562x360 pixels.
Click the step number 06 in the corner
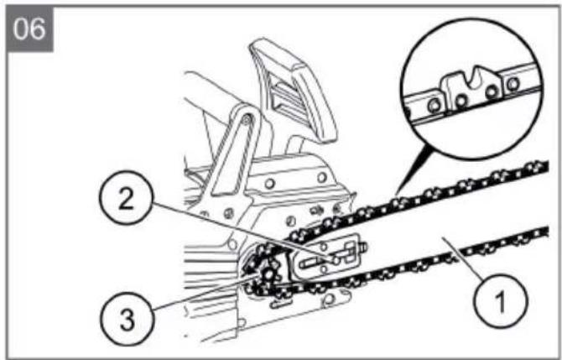point(29,29)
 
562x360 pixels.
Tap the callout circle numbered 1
point(501,300)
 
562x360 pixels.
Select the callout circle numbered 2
point(126,197)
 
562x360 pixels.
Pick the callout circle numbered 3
point(127,318)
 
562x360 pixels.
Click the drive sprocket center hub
point(268,275)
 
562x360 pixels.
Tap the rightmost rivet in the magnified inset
point(513,84)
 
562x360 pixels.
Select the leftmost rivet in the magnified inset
point(435,105)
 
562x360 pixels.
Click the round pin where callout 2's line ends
point(336,260)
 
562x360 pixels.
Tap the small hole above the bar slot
point(323,246)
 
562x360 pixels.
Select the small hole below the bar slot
point(323,269)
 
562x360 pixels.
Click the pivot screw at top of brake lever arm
point(246,118)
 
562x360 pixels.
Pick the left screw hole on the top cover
point(269,183)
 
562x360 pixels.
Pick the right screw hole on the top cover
point(322,177)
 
